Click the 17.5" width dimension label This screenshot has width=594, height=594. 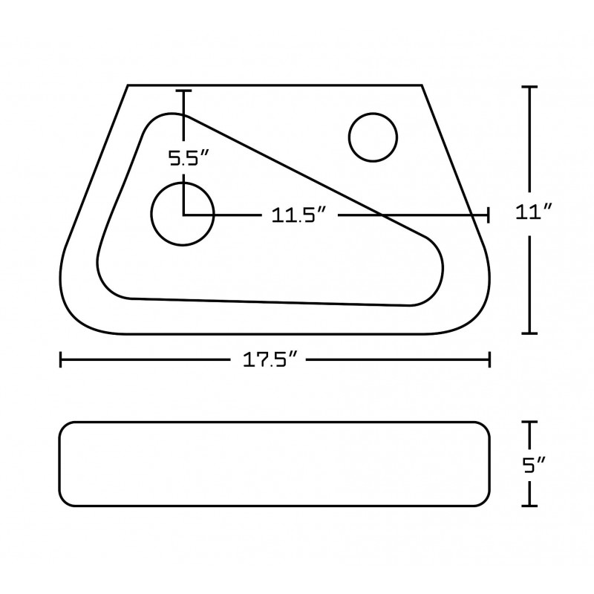click(270, 359)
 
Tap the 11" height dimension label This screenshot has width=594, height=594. click(534, 212)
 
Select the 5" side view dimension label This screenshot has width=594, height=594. click(534, 465)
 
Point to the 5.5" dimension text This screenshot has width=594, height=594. click(189, 158)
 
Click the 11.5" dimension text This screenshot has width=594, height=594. click(299, 215)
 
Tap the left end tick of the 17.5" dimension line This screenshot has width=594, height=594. click(61, 359)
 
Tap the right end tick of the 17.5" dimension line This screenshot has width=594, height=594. click(490, 359)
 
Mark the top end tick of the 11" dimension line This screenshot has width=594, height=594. click(529, 87)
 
